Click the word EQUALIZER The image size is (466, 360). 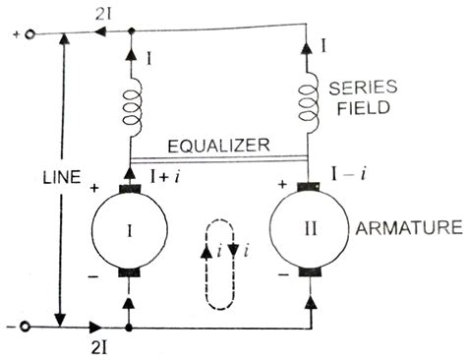(x=219, y=146)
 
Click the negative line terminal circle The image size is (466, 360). (x=29, y=325)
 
